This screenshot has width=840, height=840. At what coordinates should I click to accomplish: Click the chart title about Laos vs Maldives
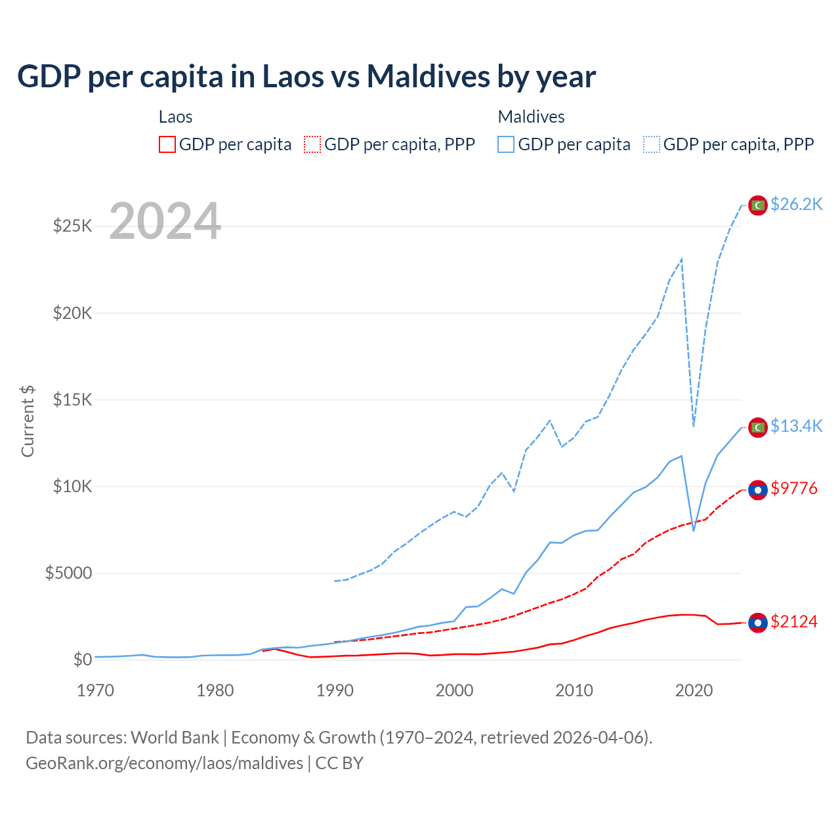tap(306, 77)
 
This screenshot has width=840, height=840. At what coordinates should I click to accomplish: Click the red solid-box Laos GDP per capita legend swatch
tap(167, 144)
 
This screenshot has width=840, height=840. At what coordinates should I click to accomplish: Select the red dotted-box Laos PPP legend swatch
tap(312, 144)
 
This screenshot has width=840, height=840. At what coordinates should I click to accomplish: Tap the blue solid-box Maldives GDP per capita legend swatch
tap(506, 144)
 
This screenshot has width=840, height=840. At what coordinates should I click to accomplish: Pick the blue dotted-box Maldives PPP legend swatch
tap(652, 144)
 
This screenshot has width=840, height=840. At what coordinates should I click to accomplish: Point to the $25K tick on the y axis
tap(72, 226)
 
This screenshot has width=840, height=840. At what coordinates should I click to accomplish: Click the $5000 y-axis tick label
tap(68, 574)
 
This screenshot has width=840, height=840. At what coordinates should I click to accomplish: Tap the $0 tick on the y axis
tap(82, 660)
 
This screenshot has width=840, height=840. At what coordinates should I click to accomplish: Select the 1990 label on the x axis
tap(335, 690)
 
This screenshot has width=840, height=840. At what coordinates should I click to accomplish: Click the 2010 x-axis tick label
tap(574, 690)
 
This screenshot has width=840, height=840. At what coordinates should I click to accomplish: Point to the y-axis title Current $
tap(28, 421)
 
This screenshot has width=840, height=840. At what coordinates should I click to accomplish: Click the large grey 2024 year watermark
tap(165, 222)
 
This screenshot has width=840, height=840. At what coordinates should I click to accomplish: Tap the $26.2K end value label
tap(796, 205)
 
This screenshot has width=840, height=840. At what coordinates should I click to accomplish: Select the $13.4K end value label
tap(796, 427)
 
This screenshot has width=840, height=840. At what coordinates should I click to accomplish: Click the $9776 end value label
tap(794, 489)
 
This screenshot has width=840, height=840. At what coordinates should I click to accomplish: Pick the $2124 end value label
tap(794, 621)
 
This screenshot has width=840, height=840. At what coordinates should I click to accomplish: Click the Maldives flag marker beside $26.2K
tap(758, 205)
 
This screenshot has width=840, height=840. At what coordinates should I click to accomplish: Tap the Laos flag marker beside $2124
tap(758, 622)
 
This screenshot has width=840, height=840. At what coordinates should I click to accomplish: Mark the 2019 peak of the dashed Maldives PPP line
tap(682, 259)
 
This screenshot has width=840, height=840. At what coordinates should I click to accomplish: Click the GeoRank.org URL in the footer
tap(164, 763)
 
